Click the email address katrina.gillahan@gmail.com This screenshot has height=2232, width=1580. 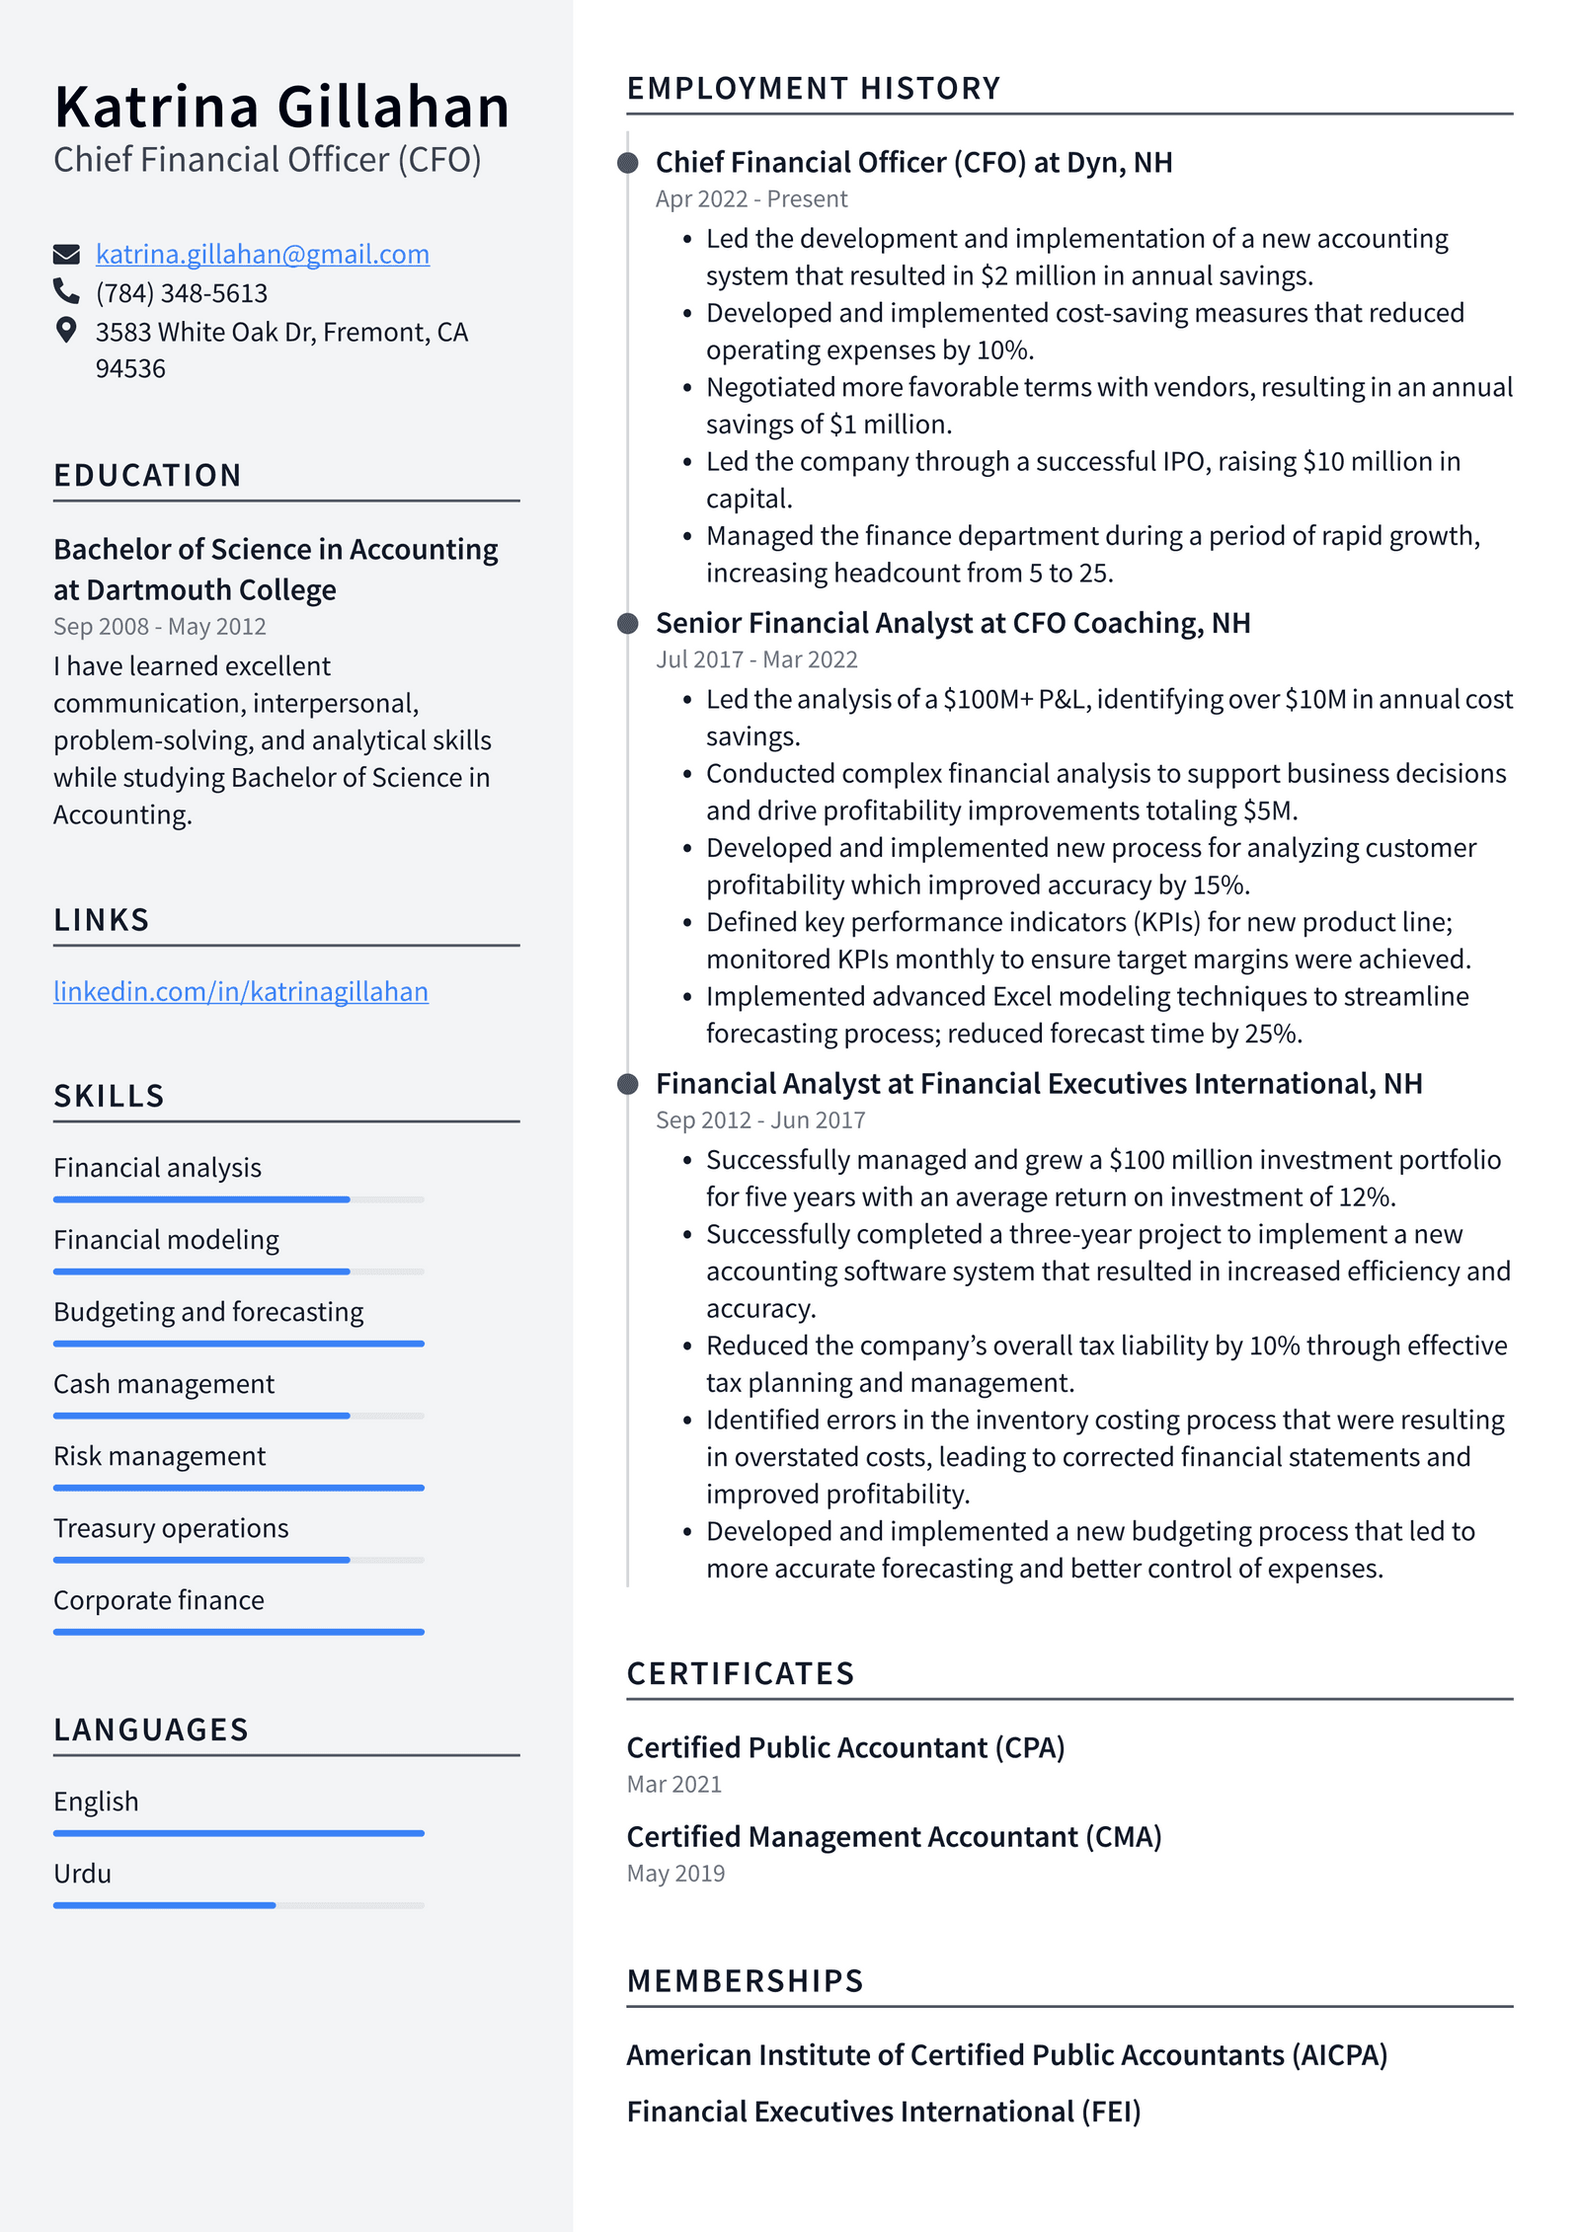coord(262,255)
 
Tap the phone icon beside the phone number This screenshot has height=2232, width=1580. coord(66,291)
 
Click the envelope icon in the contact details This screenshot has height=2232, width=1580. coord(66,255)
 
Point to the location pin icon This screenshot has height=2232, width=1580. coord(66,330)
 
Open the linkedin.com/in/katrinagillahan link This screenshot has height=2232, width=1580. coord(240,991)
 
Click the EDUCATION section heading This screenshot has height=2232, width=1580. coord(147,476)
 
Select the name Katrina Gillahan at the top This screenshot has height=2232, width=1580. coord(281,107)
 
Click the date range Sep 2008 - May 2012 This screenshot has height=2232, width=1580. coord(159,627)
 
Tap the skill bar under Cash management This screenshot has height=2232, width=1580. coord(238,1416)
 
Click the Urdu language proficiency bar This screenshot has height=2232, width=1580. coord(238,1905)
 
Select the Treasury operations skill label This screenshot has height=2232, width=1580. coord(171,1528)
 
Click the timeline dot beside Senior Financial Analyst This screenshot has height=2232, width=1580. coord(628,624)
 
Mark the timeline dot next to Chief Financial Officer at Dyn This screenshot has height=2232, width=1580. coord(628,163)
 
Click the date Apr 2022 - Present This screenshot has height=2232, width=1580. coord(750,199)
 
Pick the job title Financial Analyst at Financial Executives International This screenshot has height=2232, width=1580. coord(1038,1084)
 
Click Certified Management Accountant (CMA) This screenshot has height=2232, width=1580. coord(894,1837)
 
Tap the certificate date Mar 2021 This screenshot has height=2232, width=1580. coord(673,1785)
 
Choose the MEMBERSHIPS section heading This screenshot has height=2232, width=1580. coord(745,1981)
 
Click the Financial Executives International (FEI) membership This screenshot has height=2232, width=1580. coord(883,2112)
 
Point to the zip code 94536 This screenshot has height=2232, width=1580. coord(130,369)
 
